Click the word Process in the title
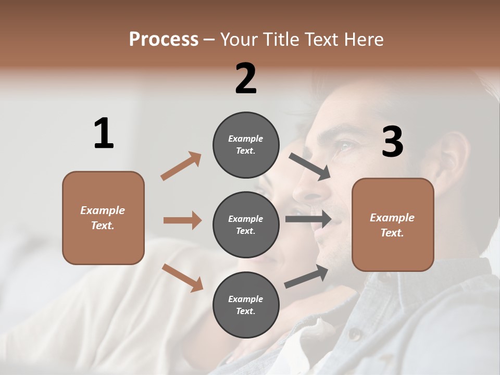tap(164, 40)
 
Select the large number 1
tap(104, 134)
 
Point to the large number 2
tap(246, 79)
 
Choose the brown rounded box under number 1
tap(103, 218)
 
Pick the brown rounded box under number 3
tap(393, 224)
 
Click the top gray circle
tap(246, 145)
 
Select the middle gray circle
tap(246, 224)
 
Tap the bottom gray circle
tap(246, 305)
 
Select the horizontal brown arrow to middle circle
tap(182, 220)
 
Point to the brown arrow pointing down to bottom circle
tap(182, 277)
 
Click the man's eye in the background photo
tap(344, 146)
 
